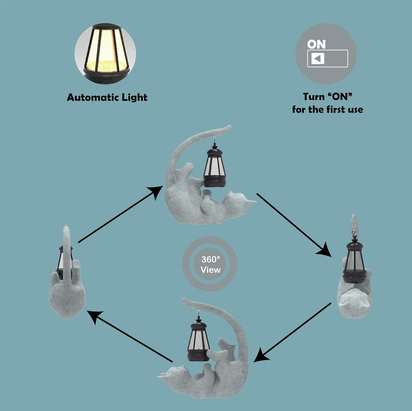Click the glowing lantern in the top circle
105,50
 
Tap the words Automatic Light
107,98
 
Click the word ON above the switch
316,43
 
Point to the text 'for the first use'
327,109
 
